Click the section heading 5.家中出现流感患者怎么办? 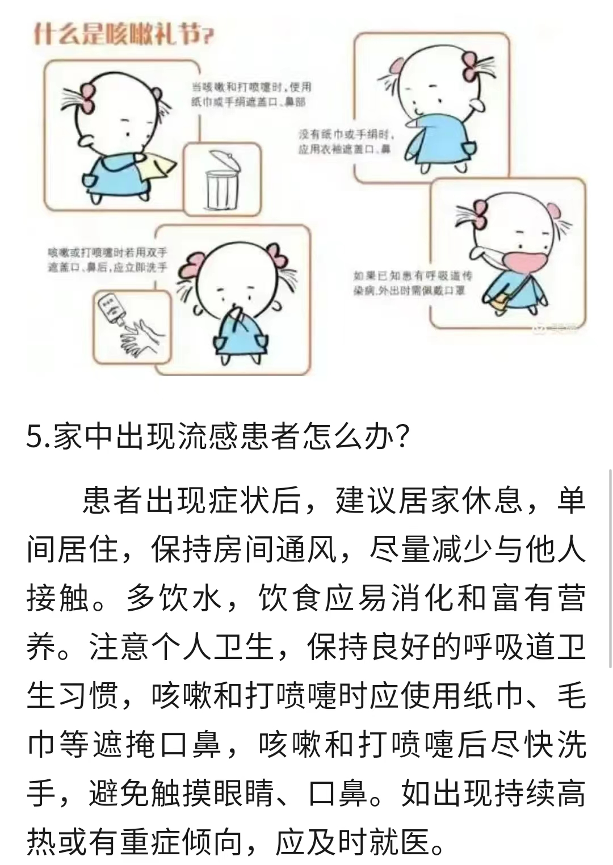[218, 439]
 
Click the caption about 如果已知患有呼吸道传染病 [412, 283]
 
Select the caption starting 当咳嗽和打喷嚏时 [251, 95]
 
